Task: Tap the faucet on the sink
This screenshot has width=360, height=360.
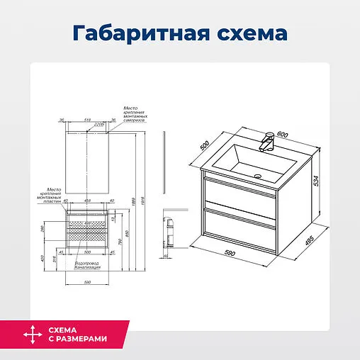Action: [267, 141]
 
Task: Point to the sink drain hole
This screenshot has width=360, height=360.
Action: [258, 175]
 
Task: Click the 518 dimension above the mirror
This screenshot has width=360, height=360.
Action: [88, 120]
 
